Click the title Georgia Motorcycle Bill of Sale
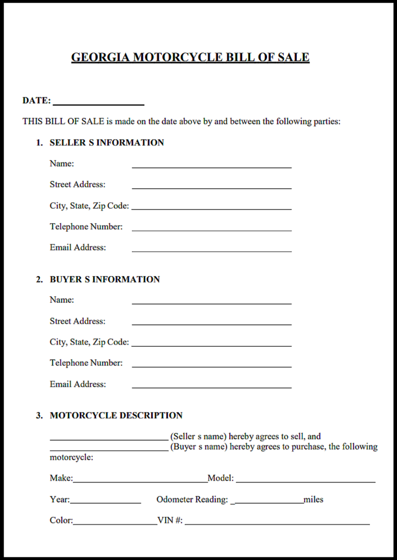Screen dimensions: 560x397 tap(190, 57)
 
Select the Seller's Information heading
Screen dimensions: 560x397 tap(107, 143)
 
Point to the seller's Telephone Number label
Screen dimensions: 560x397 tap(86, 226)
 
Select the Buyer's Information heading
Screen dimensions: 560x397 tap(104, 279)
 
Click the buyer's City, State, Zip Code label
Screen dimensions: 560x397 tap(89, 342)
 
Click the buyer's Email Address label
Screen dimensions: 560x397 tap(78, 384)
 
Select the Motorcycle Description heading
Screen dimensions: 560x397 tap(116, 416)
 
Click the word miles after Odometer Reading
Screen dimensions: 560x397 tap(313, 499)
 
